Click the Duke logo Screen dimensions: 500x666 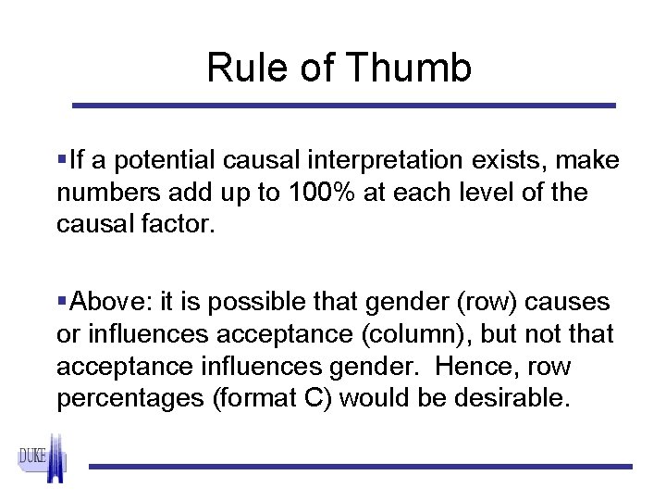42,458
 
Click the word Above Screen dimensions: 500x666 105,302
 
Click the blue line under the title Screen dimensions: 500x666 344,106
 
